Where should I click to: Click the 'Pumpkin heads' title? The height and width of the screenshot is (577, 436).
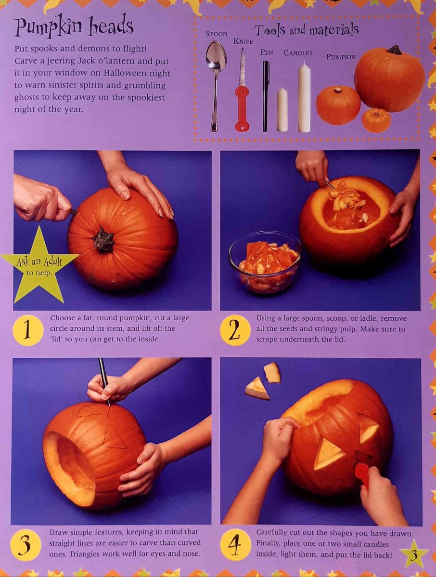(x=74, y=28)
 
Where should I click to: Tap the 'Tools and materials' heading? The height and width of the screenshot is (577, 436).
(x=307, y=30)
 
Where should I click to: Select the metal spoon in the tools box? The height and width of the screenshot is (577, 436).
(x=216, y=86)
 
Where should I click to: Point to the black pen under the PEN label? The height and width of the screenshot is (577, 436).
(x=266, y=96)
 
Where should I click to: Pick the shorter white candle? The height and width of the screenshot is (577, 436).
(x=282, y=110)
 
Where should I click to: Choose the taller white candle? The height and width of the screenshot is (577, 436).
(x=304, y=97)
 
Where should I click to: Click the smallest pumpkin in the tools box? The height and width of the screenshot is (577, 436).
(x=376, y=121)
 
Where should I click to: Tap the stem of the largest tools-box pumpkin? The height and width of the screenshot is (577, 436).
(x=395, y=50)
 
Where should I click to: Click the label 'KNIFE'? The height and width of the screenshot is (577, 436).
(x=243, y=41)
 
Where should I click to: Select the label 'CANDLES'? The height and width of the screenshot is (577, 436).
(x=298, y=53)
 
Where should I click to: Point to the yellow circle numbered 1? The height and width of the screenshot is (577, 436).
(x=27, y=330)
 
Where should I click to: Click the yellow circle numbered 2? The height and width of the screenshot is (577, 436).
(x=235, y=330)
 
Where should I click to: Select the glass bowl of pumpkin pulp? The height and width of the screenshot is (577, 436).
(x=265, y=263)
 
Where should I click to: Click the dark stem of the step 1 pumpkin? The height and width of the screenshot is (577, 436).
(x=103, y=240)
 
